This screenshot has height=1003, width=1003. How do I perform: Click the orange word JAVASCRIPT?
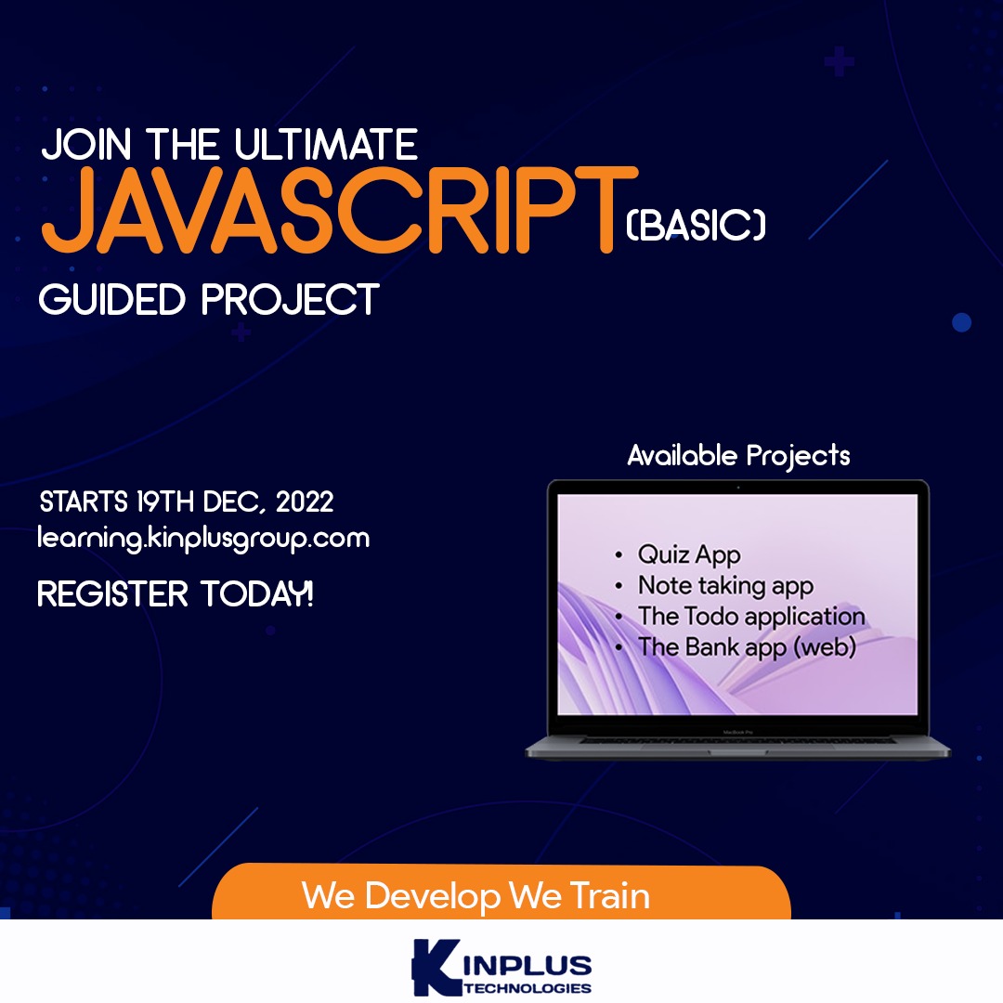pos(340,210)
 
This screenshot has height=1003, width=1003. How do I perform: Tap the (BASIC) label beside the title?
pos(696,225)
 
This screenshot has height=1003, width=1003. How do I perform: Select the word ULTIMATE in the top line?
pos(326,144)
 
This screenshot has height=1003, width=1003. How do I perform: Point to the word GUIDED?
pos(112,299)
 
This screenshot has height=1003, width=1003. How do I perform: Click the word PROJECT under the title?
pos(291,299)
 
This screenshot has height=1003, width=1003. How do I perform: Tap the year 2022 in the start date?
pos(305,501)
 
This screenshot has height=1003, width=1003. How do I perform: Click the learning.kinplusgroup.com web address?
pos(203,539)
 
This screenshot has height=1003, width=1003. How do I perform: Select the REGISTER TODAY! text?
pos(176,593)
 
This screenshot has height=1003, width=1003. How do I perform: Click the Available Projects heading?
pos(739,456)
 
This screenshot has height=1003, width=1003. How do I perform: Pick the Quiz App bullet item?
pos(689,554)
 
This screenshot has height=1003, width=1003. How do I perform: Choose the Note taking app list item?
pos(726,586)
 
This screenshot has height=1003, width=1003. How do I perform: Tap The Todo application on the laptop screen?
pos(751,617)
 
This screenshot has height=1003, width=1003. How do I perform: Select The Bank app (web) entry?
pos(747,647)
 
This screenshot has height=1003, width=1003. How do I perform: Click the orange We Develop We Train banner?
pos(501,892)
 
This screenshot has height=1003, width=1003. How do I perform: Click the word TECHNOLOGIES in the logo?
pos(528,988)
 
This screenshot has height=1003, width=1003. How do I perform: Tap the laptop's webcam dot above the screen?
pos(738,488)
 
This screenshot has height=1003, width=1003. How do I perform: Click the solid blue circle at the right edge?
pos(961,322)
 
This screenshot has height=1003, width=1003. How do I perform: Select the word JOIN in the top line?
pos(86,144)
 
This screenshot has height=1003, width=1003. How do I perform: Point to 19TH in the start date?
pos(165,501)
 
